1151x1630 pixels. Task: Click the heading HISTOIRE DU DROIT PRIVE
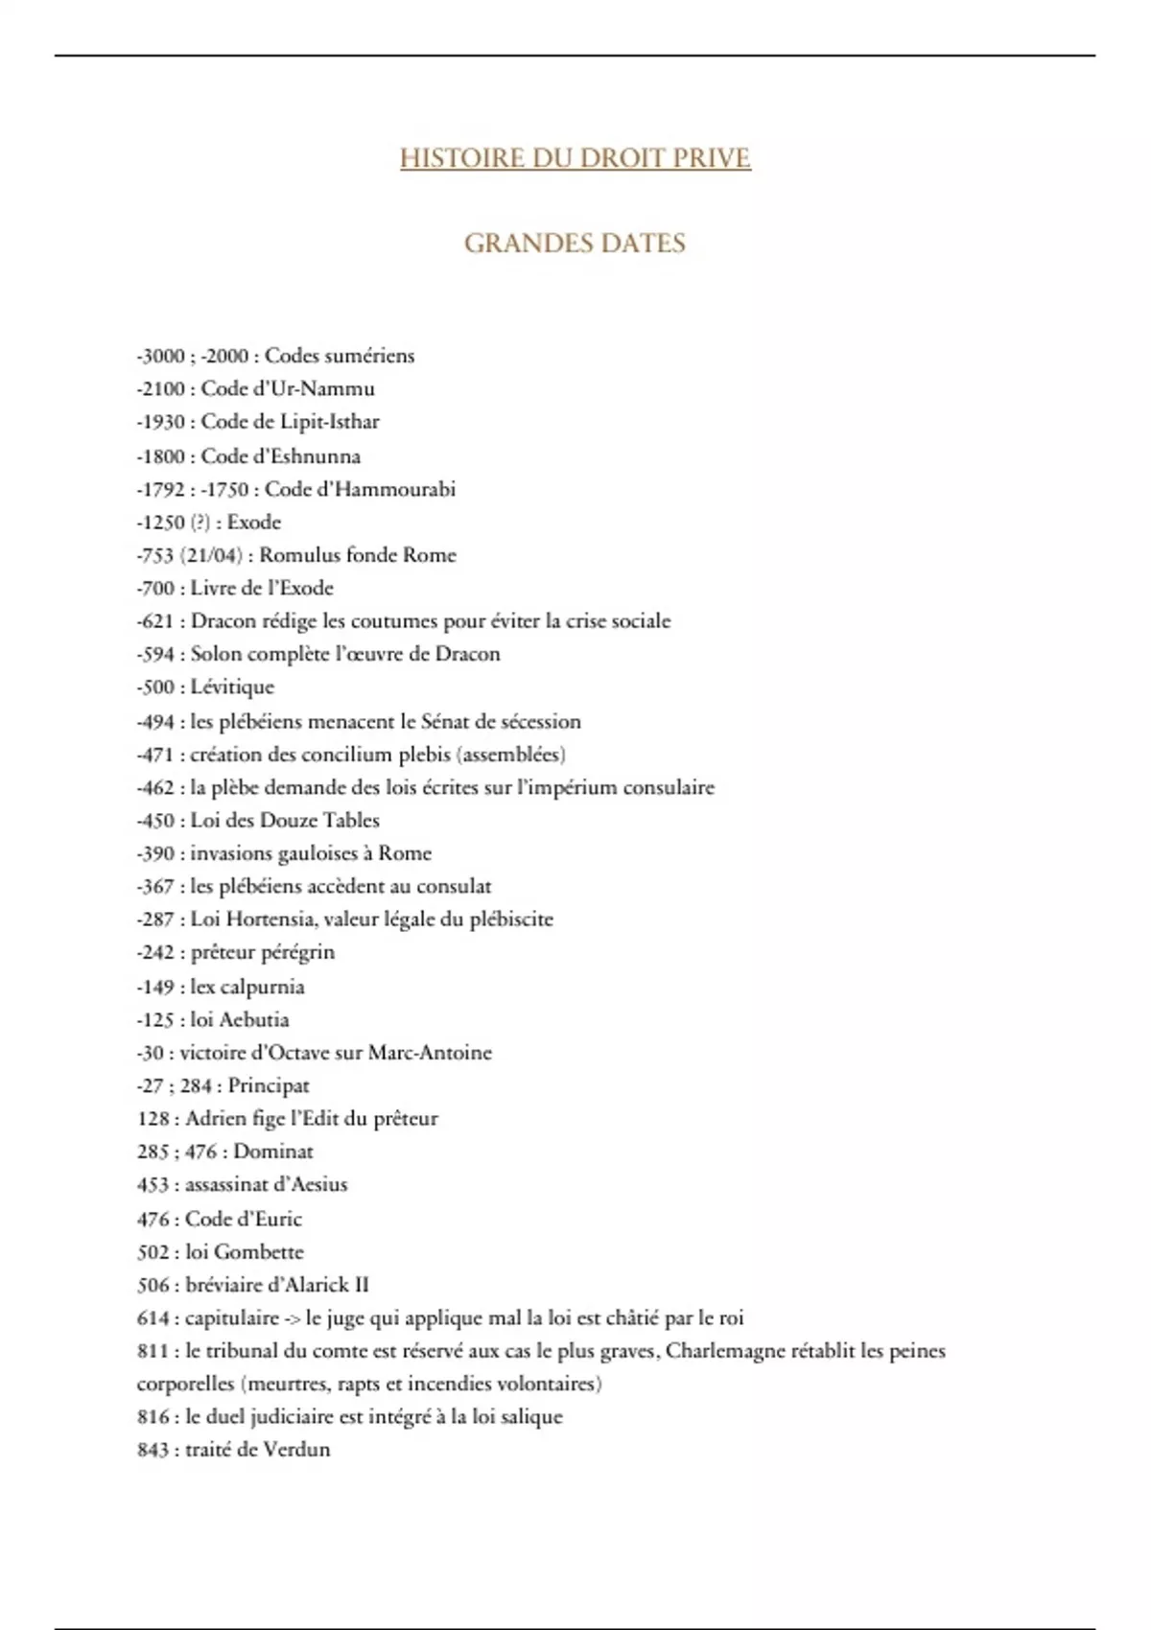[x=575, y=158]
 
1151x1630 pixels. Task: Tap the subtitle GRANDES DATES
[x=575, y=244]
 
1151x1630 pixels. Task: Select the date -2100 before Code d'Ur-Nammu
[x=160, y=389]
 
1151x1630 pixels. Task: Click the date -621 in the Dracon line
[x=154, y=621]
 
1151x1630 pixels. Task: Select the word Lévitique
[x=232, y=687]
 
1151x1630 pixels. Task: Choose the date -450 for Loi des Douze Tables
[x=155, y=821]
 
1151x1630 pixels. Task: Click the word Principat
[x=269, y=1086]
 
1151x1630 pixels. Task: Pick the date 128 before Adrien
[x=153, y=1119]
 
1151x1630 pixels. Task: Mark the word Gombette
[x=258, y=1252]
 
